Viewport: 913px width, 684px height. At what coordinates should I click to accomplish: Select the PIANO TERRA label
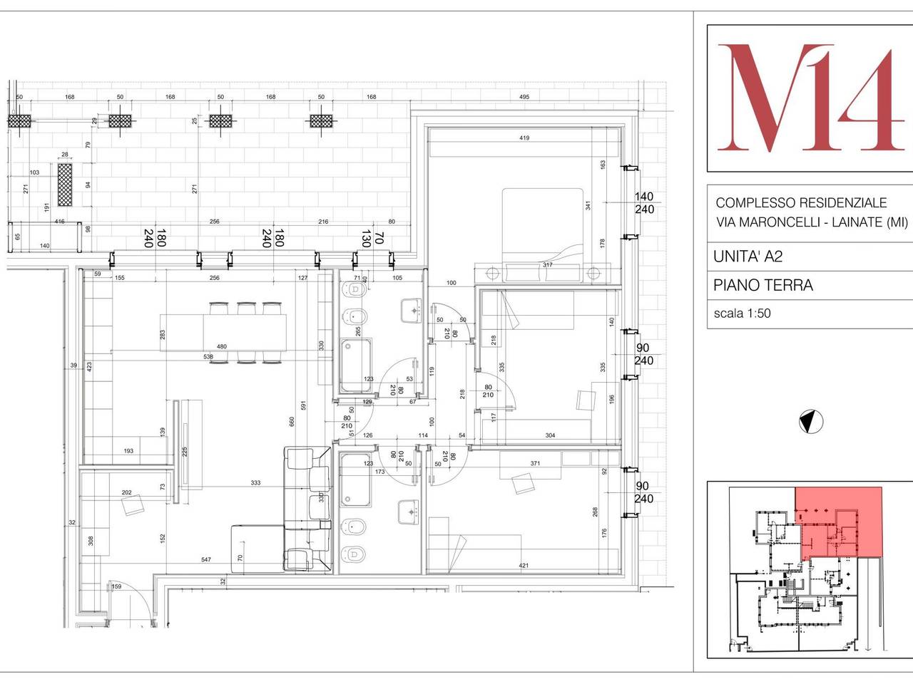tap(762, 286)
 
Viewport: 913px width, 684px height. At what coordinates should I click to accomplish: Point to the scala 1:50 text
tap(742, 313)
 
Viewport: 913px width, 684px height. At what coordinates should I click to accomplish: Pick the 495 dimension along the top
tap(524, 98)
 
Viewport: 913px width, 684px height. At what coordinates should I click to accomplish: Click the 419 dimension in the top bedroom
tap(524, 138)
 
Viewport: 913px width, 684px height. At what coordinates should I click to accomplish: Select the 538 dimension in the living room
tap(208, 356)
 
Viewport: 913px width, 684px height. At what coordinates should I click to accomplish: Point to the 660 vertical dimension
tap(290, 421)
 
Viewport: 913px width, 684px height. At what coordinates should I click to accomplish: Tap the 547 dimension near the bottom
tap(205, 560)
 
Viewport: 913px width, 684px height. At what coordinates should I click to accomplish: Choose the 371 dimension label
tap(535, 464)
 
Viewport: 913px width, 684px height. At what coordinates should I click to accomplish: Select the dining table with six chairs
tap(244, 333)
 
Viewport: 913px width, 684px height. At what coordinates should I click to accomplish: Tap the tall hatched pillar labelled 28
tap(65, 184)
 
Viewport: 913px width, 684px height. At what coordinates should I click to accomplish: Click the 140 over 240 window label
tap(644, 203)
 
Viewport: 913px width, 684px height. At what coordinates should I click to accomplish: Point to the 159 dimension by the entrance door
tap(117, 587)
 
